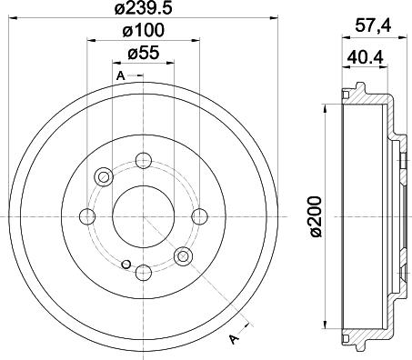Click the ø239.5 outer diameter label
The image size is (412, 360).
[142, 11]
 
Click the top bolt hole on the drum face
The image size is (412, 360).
[143, 161]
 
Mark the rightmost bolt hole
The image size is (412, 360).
[198, 215]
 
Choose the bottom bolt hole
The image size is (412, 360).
[143, 271]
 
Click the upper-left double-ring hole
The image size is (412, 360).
[103, 176]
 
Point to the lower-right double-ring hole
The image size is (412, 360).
[183, 255]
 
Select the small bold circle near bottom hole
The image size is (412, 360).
[125, 265]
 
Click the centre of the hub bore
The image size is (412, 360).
[143, 215]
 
